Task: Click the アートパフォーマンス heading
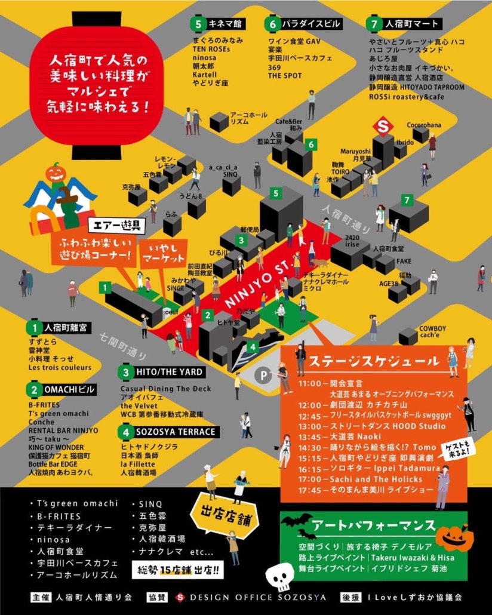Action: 374,525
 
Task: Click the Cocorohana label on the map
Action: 424,125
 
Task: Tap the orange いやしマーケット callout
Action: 164,254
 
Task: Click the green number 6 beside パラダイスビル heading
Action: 272,24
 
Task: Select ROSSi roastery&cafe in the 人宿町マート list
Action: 406,96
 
